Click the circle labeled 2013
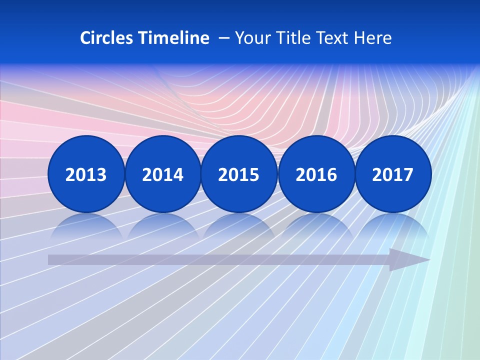[86, 174]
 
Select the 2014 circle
[162, 174]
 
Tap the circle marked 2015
[239, 174]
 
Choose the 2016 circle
[316, 174]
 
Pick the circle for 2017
[393, 174]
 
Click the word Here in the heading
[373, 38]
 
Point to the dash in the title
[224, 38]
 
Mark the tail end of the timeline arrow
[51, 259]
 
